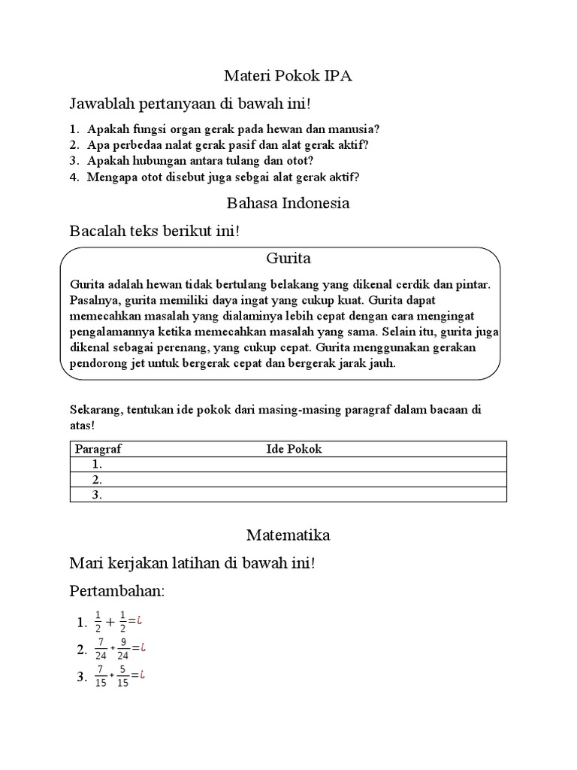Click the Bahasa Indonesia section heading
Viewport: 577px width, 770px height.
(288, 203)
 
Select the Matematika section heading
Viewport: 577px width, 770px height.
(288, 535)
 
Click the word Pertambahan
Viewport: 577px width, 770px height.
(116, 591)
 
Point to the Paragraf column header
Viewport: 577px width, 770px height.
(98, 449)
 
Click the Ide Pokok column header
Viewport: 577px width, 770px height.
(294, 449)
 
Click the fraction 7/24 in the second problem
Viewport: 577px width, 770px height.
(100, 648)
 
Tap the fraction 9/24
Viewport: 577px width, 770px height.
(122, 648)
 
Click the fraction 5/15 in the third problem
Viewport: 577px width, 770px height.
(122, 676)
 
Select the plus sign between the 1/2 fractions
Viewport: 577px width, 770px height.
(110, 623)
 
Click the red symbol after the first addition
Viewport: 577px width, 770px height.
(140, 621)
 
